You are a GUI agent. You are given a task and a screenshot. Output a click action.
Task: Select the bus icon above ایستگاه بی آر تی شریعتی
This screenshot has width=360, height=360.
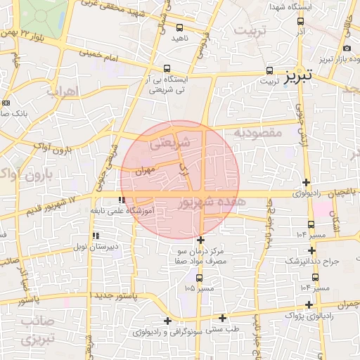166,68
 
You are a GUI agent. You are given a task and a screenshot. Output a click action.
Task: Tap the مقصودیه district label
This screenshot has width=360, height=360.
257,132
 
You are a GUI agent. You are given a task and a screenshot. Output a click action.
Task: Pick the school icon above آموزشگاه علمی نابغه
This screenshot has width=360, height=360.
123,201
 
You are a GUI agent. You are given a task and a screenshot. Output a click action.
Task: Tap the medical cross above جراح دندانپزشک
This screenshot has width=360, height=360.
311,250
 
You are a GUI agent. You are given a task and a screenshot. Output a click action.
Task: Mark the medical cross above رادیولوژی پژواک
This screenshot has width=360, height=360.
310,304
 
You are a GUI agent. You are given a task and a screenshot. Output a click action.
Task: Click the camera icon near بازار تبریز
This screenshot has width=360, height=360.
347,48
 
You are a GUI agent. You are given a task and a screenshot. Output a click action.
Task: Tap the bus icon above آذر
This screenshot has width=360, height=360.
300,22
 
